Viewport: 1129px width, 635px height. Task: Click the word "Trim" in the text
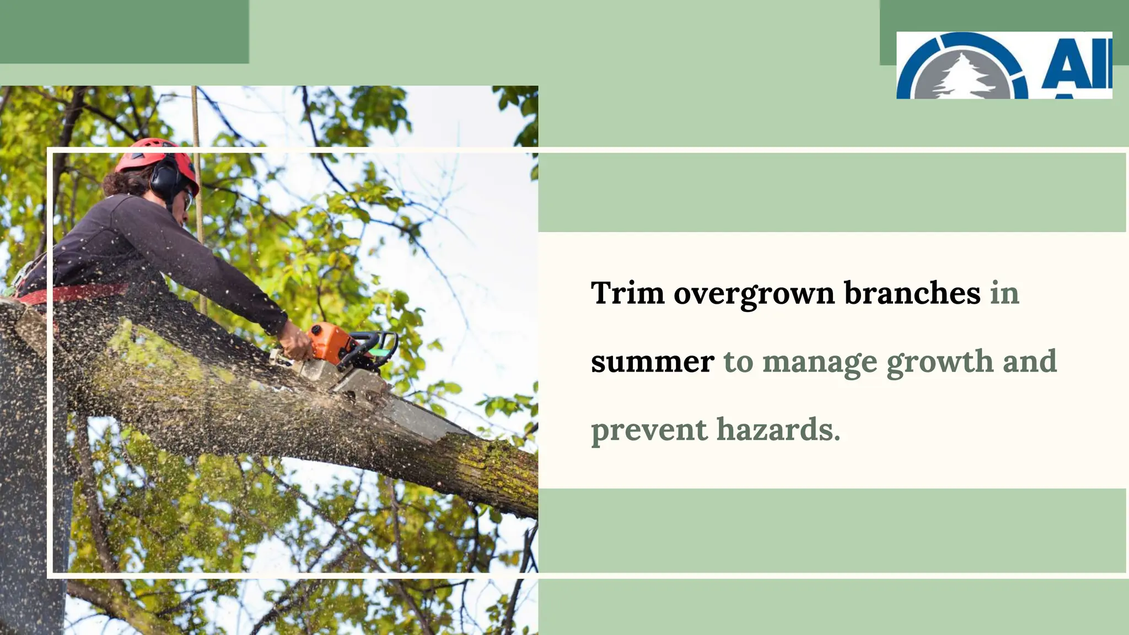click(x=627, y=293)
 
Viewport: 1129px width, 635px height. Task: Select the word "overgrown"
click(x=754, y=294)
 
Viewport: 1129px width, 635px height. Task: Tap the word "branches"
click(x=912, y=293)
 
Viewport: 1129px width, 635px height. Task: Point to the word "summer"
click(x=652, y=362)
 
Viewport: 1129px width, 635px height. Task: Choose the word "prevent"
click(x=648, y=430)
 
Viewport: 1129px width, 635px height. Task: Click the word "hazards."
click(x=778, y=429)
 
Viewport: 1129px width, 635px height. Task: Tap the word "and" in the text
click(x=1029, y=362)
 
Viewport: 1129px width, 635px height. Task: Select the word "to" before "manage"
click(x=738, y=362)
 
